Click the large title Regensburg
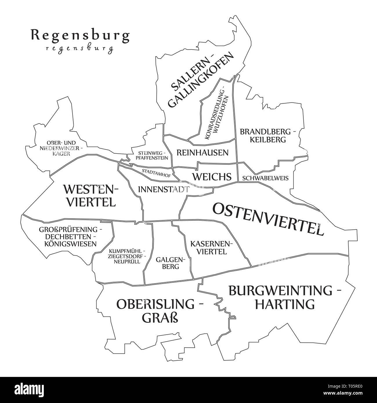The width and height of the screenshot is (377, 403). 80,36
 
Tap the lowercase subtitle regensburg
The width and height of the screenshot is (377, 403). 80,48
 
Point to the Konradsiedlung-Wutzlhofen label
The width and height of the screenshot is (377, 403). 219,114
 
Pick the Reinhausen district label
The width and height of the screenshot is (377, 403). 202,153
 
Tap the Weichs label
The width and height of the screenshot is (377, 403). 212,177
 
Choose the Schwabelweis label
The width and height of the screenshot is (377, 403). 265,178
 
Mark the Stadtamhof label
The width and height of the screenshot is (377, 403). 156,173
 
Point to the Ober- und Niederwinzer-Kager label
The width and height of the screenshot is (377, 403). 61,148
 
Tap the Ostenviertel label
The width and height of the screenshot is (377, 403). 268,219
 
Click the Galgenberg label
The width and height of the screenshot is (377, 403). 167,263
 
